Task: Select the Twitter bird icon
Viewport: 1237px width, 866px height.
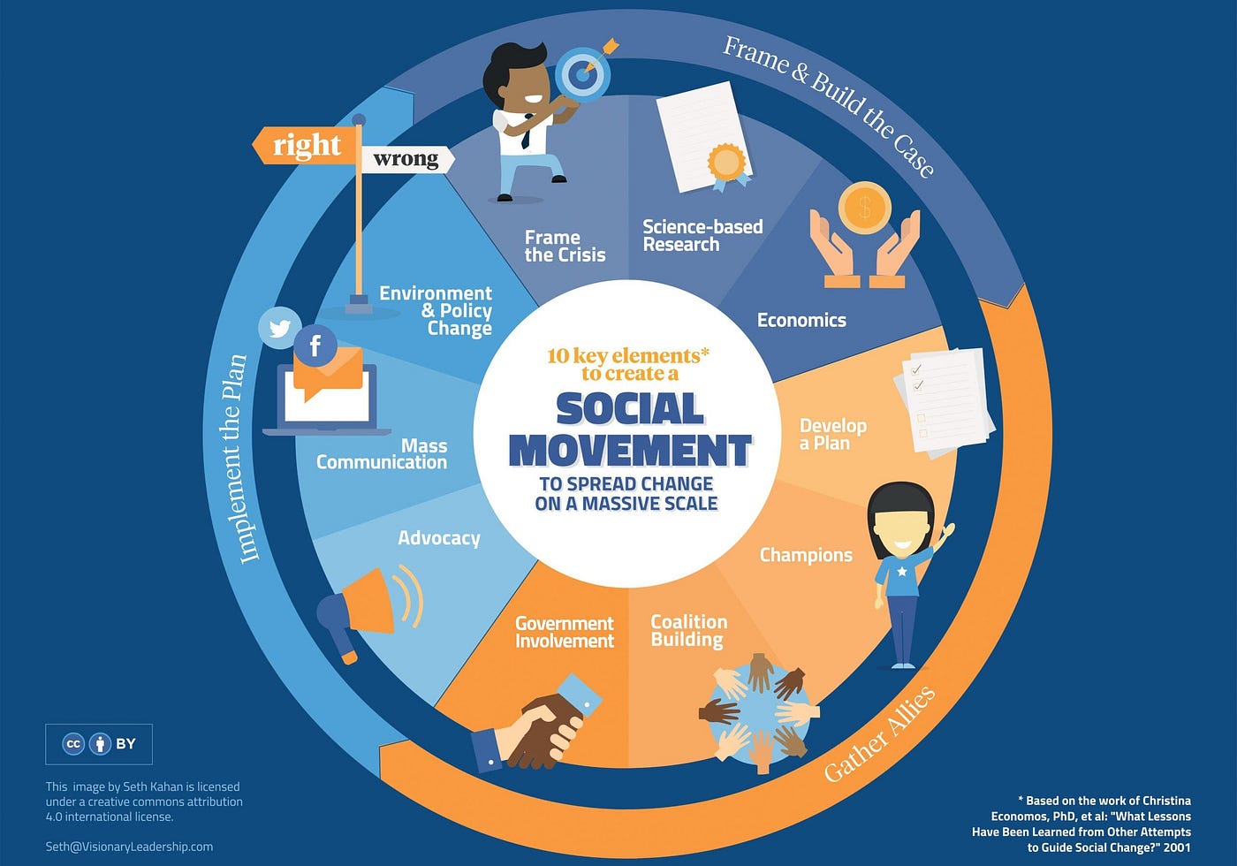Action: pos(279,329)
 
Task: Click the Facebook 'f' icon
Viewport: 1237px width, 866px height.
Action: pos(315,346)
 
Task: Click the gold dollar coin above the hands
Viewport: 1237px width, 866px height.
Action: pos(864,208)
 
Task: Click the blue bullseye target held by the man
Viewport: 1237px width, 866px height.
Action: pos(581,74)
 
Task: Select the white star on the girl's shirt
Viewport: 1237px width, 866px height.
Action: pos(901,572)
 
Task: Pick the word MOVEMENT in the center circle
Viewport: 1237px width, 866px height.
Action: pos(630,451)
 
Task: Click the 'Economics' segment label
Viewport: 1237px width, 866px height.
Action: pos(801,320)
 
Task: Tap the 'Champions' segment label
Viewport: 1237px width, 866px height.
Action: pos(806,555)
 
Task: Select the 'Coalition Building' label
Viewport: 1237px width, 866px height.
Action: pos(688,630)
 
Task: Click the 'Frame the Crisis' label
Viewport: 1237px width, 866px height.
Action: pos(565,247)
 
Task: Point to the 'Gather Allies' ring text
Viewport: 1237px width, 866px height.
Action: pos(880,733)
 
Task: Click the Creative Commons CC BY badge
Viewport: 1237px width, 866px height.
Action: pos(99,744)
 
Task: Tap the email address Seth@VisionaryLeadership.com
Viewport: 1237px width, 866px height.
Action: pos(129,847)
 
